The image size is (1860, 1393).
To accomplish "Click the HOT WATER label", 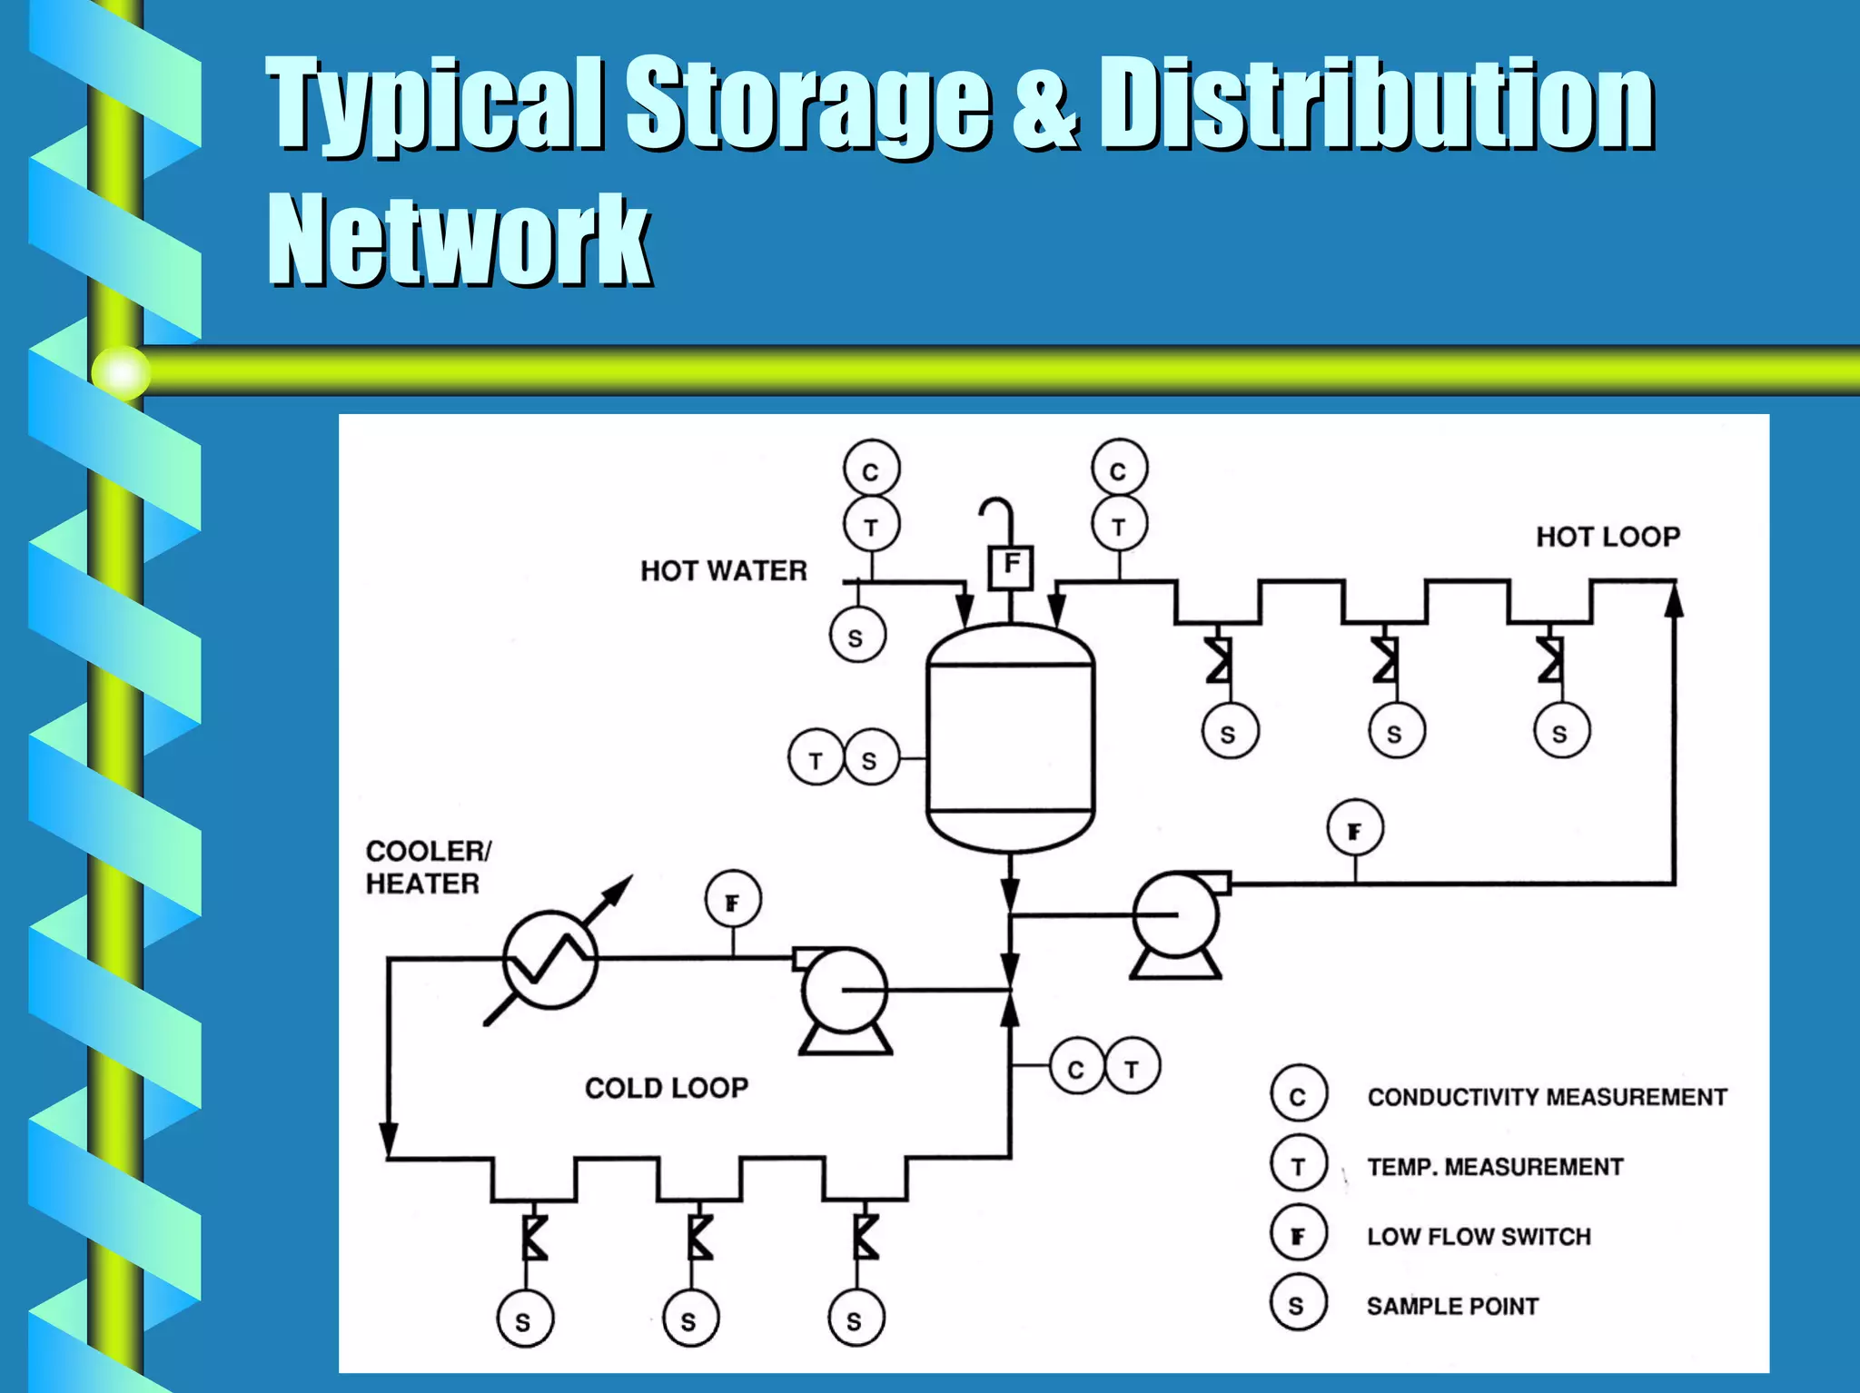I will click(723, 570).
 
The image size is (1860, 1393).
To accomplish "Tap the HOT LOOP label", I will click(1608, 537).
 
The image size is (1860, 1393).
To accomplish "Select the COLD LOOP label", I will click(667, 1087).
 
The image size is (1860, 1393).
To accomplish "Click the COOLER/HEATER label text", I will click(427, 867).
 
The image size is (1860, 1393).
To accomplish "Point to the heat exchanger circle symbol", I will click(550, 960).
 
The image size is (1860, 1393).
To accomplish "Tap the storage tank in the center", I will click(1010, 737).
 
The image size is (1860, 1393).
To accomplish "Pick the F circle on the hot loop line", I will click(1355, 829).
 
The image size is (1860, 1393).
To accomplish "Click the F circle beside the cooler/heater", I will click(733, 901).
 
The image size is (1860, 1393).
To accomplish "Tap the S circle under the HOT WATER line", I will click(856, 636).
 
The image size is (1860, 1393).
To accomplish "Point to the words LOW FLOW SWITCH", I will click(1479, 1236).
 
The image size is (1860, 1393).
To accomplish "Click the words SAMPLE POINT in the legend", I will click(1452, 1306).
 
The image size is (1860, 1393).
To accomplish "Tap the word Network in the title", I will click(459, 241).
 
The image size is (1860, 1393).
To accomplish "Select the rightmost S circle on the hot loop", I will click(1561, 731).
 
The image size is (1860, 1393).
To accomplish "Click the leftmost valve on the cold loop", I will click(534, 1238).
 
